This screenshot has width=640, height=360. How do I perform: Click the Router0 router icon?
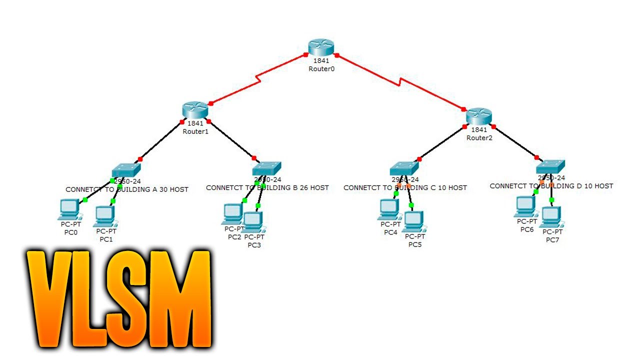tap(320, 46)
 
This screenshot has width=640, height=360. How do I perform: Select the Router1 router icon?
tap(194, 109)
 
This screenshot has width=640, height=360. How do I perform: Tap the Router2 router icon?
tap(479, 116)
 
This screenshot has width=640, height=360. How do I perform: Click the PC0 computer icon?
tap(69, 209)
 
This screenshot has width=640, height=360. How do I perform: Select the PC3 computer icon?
tap(253, 221)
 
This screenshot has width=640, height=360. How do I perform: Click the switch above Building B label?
tap(267, 168)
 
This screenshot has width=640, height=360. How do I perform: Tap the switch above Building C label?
tap(404, 168)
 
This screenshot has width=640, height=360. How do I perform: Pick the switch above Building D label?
tap(550, 166)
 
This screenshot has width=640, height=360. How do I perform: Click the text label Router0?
tap(321, 69)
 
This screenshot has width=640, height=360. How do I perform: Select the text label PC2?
tap(234, 237)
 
